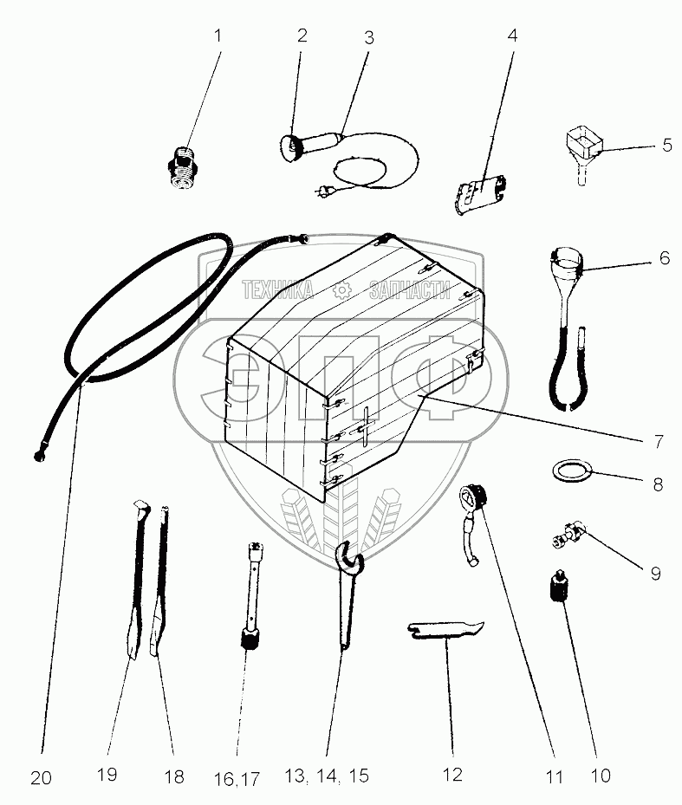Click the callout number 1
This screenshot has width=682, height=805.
[x=218, y=36]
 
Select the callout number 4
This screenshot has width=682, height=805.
[x=512, y=36]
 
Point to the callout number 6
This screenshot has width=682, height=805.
[x=665, y=258]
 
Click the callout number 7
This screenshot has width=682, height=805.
[x=659, y=442]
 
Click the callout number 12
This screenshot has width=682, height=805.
[x=452, y=776]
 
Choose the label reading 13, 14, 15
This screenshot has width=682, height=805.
[x=327, y=776]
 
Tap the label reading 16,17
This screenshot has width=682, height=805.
[x=237, y=779]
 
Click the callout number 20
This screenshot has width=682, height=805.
[x=41, y=778]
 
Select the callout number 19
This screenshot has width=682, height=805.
[x=107, y=774]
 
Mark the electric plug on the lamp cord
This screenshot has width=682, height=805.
[x=325, y=193]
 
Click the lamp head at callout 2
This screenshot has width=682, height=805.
[x=290, y=147]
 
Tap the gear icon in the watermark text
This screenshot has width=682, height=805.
[x=341, y=290]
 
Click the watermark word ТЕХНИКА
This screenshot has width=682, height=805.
[x=277, y=290]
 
